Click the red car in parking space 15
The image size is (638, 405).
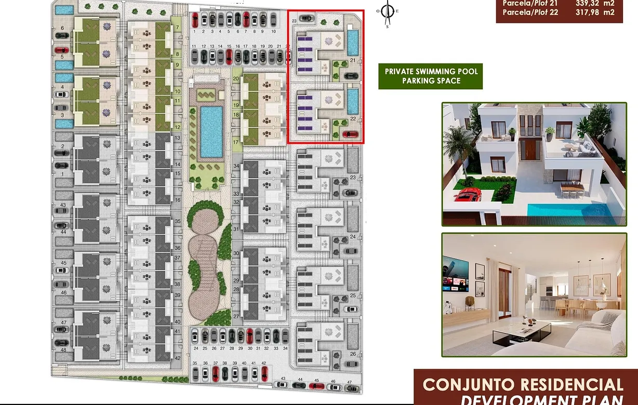pos(229,56)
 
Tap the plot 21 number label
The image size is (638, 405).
pos(352,61)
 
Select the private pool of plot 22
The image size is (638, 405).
pos(352,101)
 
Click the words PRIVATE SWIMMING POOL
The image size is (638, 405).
pos(431,71)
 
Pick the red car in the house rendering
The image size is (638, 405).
pos(467,195)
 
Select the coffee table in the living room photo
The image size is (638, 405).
pos(521,330)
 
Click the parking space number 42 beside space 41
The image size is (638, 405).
pos(264,363)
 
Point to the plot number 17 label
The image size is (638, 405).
pos(235,142)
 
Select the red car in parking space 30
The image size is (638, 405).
pos(250,335)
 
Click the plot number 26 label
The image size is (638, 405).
pos(353,354)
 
